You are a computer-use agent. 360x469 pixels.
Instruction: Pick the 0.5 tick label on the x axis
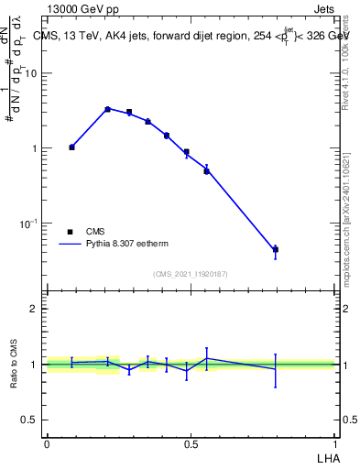[x=191, y=443]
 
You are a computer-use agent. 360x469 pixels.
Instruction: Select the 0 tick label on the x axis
[x=47, y=443]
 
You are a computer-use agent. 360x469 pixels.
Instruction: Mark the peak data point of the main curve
[x=107, y=109]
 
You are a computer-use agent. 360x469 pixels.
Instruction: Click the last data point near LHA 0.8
[x=275, y=249]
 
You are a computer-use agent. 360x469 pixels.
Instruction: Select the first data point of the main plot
[x=71, y=147]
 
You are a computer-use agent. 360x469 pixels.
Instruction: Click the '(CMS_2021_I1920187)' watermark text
[x=191, y=274]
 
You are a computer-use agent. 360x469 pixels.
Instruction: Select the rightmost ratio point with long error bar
[x=275, y=368]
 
